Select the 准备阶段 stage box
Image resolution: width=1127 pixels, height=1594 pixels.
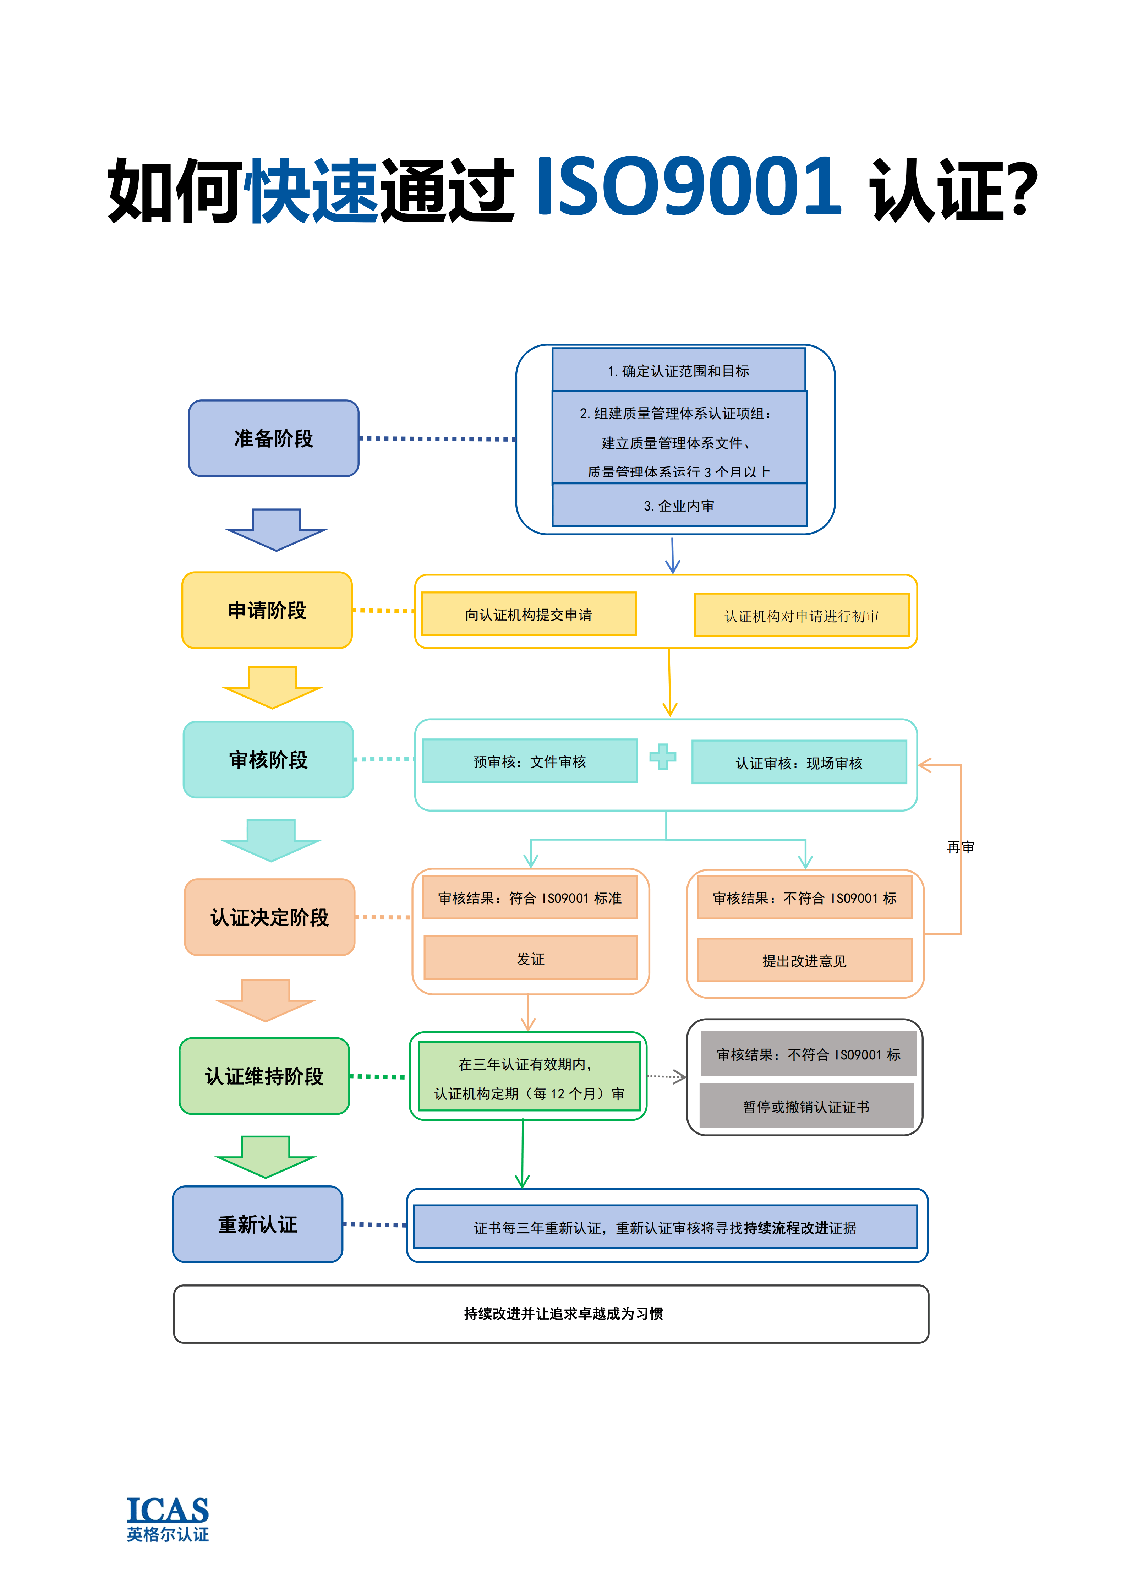(273, 438)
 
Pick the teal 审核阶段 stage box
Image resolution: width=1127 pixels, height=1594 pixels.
(268, 759)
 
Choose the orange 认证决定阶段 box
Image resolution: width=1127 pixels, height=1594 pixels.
(269, 917)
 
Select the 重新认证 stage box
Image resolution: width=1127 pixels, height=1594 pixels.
(257, 1224)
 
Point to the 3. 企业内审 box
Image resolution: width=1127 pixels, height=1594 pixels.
(679, 506)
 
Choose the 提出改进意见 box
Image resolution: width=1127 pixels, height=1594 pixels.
(804, 961)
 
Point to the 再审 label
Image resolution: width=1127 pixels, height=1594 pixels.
(961, 847)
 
